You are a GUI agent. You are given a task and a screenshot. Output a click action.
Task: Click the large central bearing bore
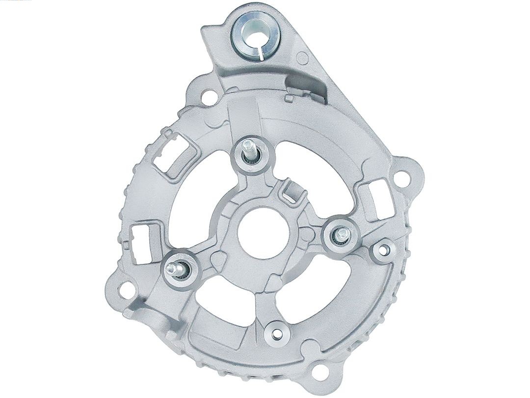pos(259,230)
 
